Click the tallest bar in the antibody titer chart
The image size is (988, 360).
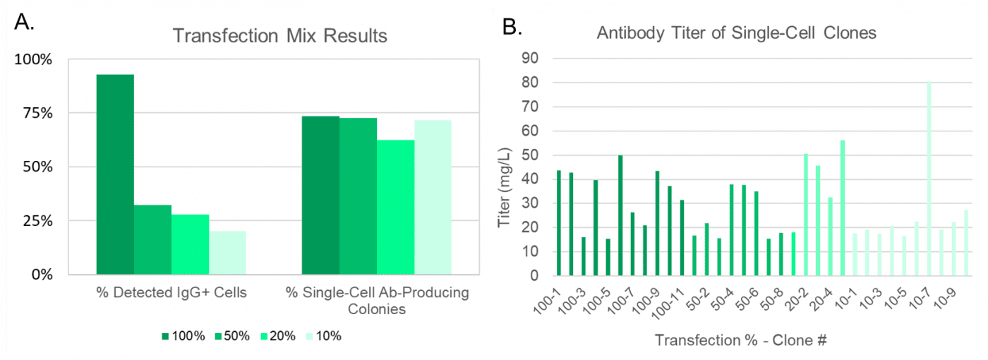click(929, 179)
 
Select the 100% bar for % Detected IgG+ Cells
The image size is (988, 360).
click(115, 174)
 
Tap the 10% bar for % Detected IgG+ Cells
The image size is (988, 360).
click(227, 252)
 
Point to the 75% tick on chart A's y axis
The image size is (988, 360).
click(34, 113)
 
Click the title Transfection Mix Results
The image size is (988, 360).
click(282, 35)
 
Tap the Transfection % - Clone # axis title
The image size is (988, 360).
click(740, 340)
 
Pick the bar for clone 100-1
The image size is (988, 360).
click(559, 223)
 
